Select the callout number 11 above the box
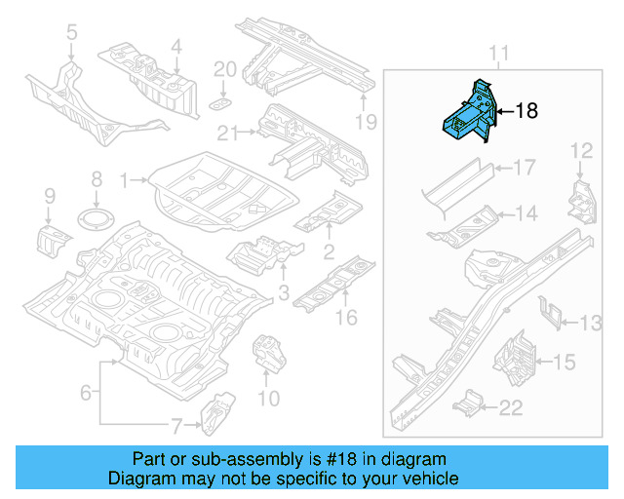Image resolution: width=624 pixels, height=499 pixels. (498, 53)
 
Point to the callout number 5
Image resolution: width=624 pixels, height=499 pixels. (71, 35)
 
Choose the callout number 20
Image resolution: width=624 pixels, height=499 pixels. (224, 69)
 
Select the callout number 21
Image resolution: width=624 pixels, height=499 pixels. (227, 134)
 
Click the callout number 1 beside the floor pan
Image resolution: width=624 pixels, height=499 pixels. (124, 179)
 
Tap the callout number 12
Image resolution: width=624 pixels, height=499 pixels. (581, 150)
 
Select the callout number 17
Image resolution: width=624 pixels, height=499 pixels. (524, 169)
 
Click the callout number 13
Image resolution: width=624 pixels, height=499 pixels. (593, 323)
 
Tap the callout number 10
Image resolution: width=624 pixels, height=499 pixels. (267, 398)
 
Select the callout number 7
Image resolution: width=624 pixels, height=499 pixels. (175, 425)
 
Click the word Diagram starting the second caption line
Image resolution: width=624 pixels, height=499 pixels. (139, 479)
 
